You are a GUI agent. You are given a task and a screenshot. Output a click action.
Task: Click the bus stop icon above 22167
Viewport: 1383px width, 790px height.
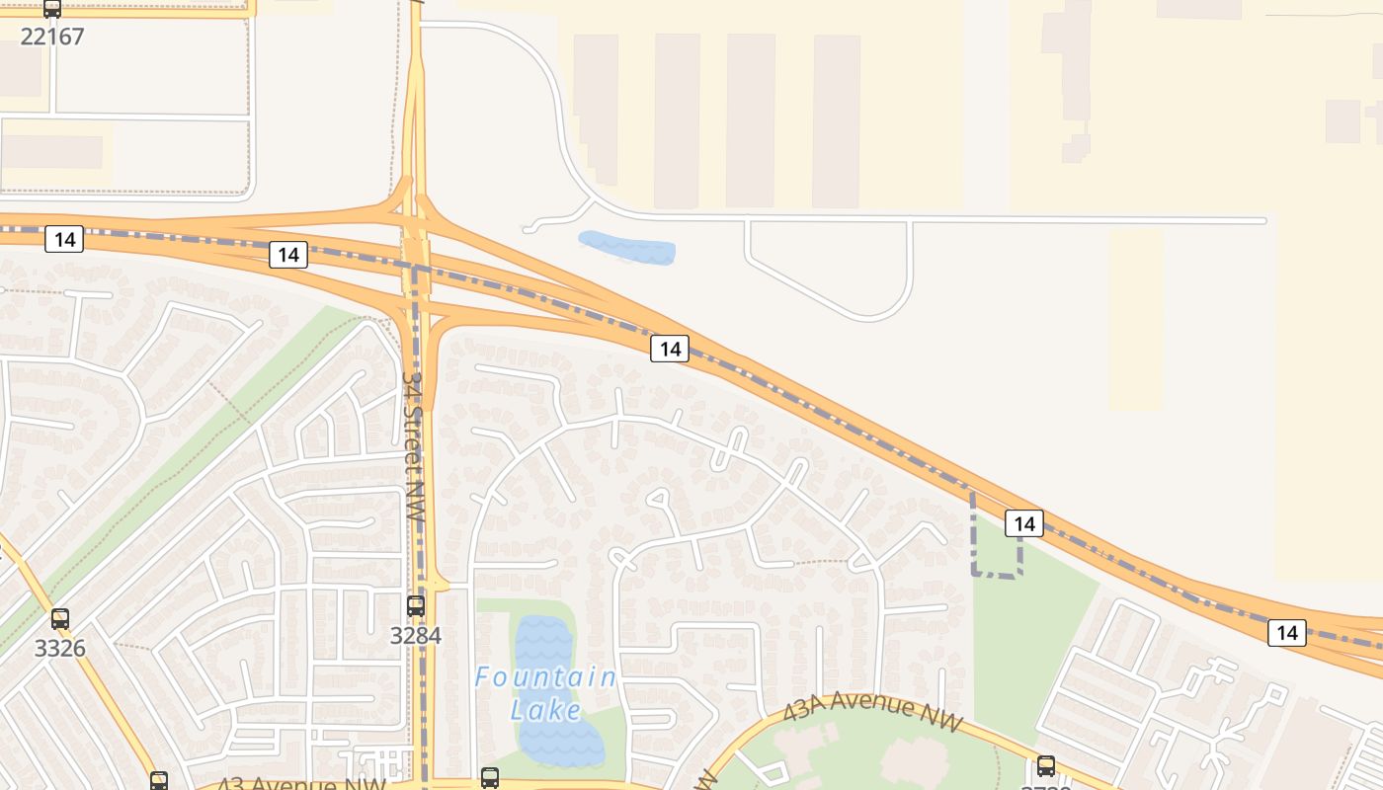point(52,9)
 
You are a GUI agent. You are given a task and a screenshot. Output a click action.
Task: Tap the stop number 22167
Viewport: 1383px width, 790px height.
point(52,37)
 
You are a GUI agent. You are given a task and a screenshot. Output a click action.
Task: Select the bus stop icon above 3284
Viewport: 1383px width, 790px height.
point(416,605)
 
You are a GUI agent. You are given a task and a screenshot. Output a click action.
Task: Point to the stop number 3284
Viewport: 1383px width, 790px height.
point(416,635)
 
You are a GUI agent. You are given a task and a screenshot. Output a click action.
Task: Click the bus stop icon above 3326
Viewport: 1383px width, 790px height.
point(60,619)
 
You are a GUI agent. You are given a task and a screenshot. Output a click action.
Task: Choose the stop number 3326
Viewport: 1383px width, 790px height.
point(60,649)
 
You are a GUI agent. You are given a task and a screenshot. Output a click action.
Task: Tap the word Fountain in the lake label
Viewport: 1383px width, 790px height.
point(545,678)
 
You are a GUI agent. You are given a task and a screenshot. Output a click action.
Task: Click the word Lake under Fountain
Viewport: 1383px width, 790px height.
point(545,709)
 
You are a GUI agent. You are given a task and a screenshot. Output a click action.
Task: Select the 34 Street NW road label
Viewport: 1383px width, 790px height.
point(415,446)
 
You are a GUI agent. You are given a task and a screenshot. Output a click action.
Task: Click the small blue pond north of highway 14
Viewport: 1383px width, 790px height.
point(626,247)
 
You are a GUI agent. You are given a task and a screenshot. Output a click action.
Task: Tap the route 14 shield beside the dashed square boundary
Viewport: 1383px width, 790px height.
point(1024,523)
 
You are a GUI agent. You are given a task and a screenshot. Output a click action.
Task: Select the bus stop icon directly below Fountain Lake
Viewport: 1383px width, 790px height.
point(490,777)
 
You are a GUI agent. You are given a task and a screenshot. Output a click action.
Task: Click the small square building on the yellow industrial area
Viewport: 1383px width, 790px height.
point(1342,120)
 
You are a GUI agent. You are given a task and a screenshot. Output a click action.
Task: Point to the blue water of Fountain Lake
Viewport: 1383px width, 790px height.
point(543,642)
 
